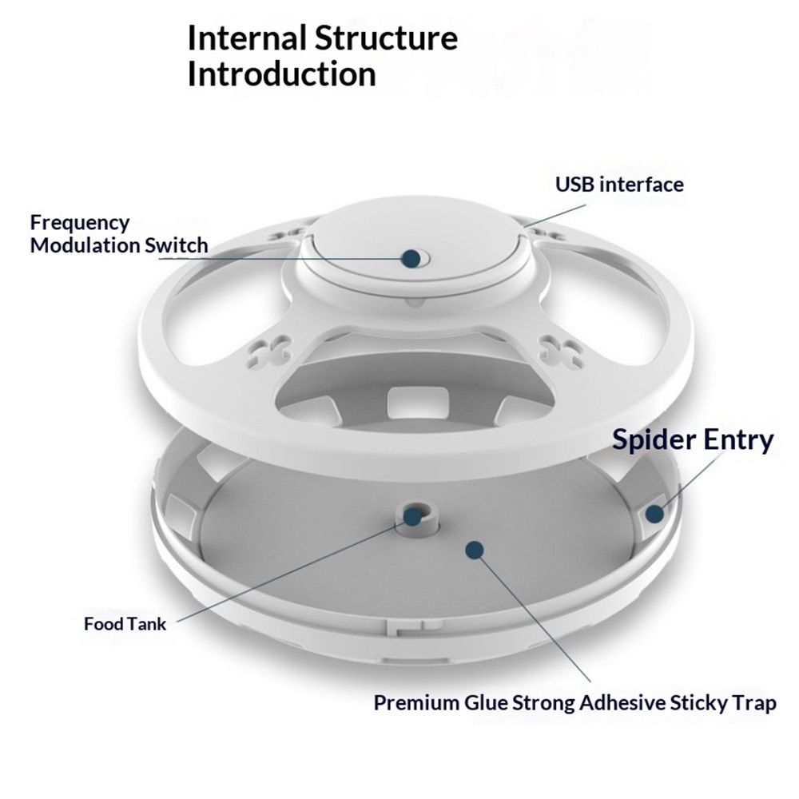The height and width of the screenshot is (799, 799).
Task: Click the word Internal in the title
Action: (247, 38)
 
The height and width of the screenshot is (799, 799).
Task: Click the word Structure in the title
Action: (386, 38)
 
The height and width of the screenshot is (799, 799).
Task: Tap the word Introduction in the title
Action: (282, 74)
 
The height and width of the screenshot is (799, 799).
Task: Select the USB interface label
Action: (619, 185)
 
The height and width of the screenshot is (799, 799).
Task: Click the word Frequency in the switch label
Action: (80, 223)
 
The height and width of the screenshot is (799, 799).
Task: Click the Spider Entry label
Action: (693, 439)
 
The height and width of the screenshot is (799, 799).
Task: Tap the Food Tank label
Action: (125, 624)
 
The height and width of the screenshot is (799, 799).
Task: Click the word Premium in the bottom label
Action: (416, 703)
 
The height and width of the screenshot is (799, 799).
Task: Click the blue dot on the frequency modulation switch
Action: (411, 258)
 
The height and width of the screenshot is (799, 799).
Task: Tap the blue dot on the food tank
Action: (413, 517)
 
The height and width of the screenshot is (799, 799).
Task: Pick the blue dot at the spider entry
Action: (655, 513)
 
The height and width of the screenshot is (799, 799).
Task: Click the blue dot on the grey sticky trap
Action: (475, 550)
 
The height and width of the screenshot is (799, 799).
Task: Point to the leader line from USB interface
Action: (554, 216)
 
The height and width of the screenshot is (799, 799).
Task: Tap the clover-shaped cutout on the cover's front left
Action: (266, 351)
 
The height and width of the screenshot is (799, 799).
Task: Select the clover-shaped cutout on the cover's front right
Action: (562, 351)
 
